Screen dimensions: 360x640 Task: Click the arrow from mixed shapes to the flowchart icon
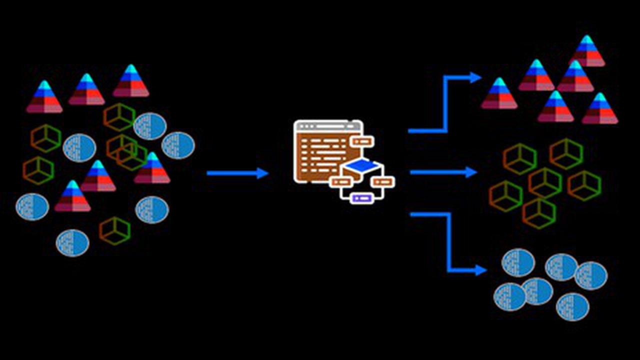[x=237, y=173]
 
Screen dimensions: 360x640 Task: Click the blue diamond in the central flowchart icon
[x=362, y=165]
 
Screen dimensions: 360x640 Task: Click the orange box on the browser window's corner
[x=362, y=141]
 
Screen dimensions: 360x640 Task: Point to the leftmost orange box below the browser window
[x=341, y=181]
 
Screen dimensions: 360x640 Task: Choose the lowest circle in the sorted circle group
[x=572, y=306]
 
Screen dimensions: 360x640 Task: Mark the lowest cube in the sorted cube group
[x=539, y=213]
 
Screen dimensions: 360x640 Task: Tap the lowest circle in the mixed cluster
[x=72, y=242]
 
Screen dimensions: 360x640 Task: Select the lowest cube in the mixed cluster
[x=114, y=230]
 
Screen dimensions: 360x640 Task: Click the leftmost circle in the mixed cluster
[x=32, y=206]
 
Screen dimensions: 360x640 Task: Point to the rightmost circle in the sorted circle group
[x=591, y=275]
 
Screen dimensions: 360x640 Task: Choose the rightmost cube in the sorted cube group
[x=584, y=185]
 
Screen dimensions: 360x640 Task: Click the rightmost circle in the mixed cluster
[x=178, y=145]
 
